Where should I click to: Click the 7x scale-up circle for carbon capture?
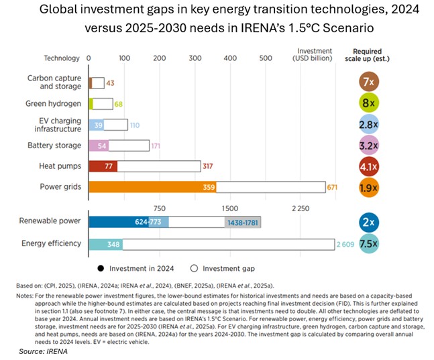click(368, 82)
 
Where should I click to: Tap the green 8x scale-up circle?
click(368, 104)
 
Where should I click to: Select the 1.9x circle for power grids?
click(368, 188)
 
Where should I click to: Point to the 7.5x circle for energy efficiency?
click(368, 244)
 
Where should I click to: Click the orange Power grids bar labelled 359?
click(152, 188)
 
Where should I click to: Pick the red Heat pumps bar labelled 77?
click(104, 166)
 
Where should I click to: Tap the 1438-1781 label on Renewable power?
click(241, 222)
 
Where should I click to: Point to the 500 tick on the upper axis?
click(266, 58)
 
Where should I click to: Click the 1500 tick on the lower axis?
click(229, 208)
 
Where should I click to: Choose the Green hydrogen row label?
click(54, 104)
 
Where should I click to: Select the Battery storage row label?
click(54, 145)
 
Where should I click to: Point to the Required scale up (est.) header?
click(368, 54)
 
